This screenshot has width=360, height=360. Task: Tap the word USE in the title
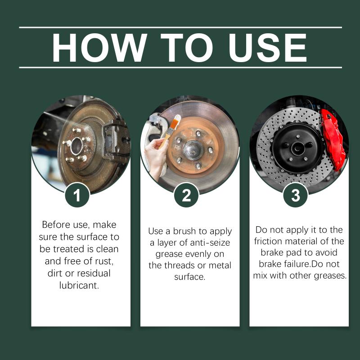coord(267,48)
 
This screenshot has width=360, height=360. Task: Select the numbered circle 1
coord(77,195)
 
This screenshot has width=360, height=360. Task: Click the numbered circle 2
coord(186,195)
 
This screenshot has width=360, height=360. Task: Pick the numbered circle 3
coord(296,195)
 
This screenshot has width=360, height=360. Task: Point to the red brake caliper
coord(332,139)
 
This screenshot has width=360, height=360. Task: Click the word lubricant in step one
coord(79,285)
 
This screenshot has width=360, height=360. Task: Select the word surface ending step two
coord(189,277)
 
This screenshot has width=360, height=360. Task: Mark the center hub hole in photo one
coord(77,146)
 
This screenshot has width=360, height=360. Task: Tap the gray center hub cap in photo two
coord(193,150)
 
